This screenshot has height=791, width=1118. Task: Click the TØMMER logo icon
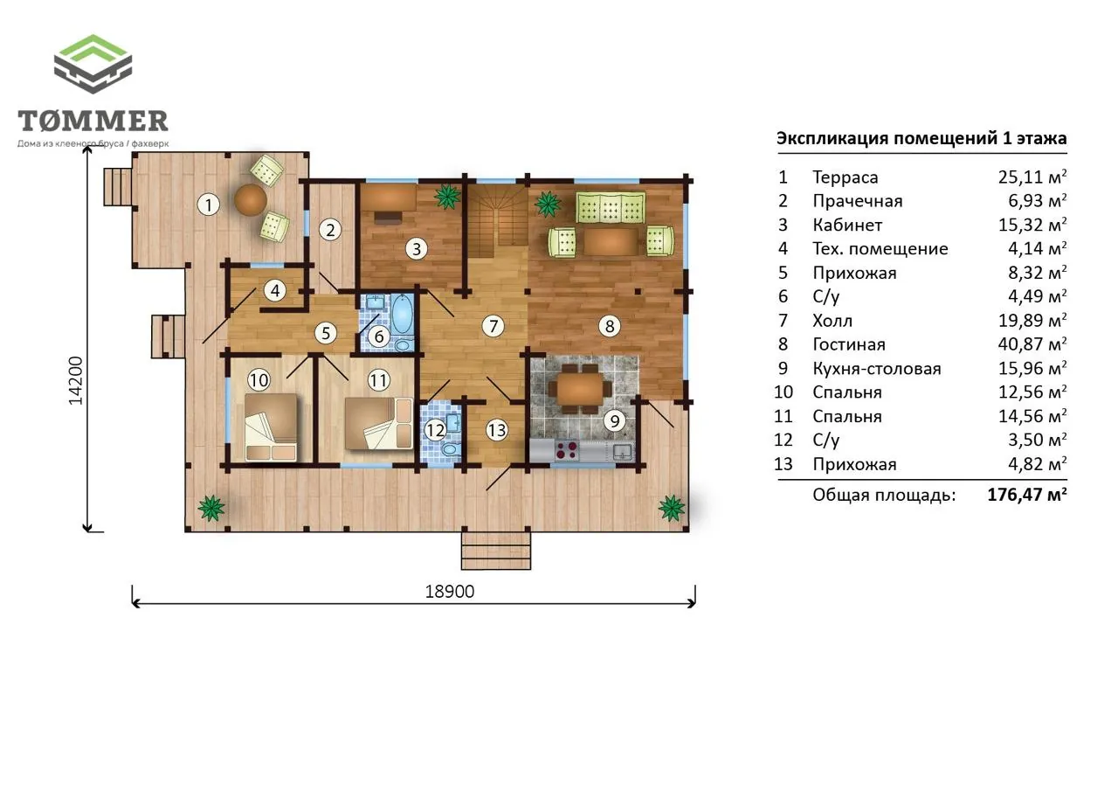[93, 64]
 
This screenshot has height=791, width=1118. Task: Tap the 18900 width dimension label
[449, 591]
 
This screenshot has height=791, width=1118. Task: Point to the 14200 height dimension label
[75, 380]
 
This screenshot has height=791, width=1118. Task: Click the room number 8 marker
[610, 326]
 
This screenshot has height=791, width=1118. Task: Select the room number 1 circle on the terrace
[209, 205]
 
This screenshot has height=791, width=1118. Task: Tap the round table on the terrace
[251, 200]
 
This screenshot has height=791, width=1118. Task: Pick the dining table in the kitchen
[580, 389]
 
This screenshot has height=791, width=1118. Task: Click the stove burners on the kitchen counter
[567, 449]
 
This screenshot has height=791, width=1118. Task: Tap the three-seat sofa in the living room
[610, 207]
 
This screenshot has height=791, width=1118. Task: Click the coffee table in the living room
[611, 242]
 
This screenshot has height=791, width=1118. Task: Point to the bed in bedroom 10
[271, 427]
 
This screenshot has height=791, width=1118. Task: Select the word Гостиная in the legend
[849, 344]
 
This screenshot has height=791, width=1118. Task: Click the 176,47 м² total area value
[1027, 495]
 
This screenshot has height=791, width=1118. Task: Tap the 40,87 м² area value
[1032, 344]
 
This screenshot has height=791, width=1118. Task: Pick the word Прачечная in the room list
[858, 201]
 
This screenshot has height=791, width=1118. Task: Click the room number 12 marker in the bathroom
[435, 430]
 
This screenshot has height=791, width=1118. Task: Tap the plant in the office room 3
[447, 197]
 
